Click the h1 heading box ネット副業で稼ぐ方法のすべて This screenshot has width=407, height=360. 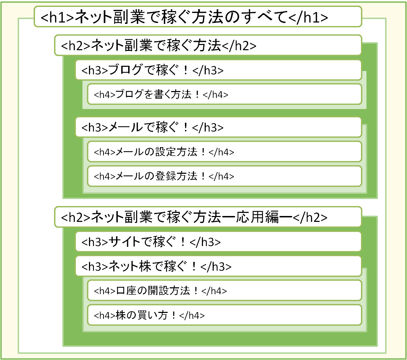pos(197,16)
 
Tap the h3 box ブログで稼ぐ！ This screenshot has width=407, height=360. pos(218,70)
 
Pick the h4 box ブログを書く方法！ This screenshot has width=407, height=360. pos(224,94)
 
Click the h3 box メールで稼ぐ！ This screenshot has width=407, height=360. pos(218,127)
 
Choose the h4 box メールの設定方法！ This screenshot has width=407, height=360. pos(224,152)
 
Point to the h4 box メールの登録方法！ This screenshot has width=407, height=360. pos(224,176)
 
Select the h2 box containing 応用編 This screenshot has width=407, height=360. pos(208,217)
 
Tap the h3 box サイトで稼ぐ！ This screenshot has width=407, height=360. pos(218,242)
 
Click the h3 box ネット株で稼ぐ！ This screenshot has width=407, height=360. pos(218,266)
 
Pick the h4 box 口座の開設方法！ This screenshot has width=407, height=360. pos(224,290)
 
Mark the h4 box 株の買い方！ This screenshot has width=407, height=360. pos(224,315)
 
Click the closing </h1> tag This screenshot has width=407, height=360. pos(308,17)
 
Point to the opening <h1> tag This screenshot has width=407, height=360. pos(57,17)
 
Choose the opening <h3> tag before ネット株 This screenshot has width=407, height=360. pos(95,267)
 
